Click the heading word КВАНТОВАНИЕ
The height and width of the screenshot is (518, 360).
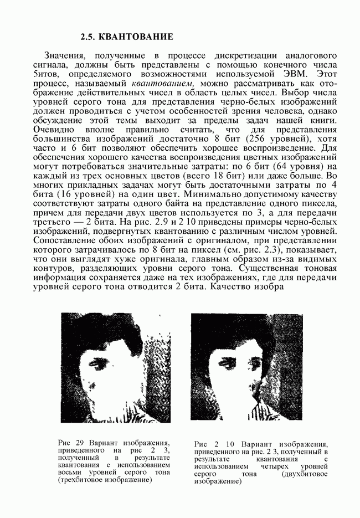tap(135, 37)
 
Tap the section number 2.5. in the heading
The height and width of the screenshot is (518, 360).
tap(89, 37)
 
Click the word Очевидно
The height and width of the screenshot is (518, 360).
tap(55, 129)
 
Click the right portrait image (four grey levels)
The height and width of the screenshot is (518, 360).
tap(246, 368)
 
